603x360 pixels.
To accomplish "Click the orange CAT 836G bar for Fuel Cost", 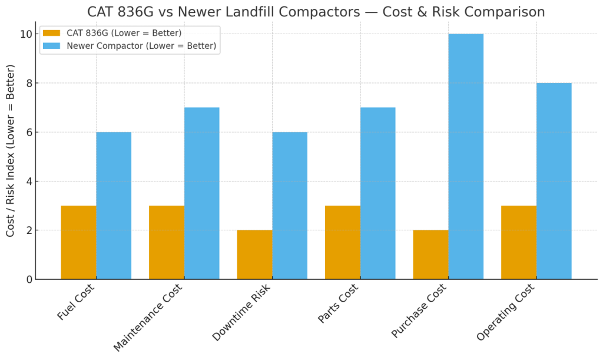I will pyautogui.click(x=78, y=242).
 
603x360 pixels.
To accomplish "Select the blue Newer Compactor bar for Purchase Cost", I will pyautogui.click(x=466, y=156).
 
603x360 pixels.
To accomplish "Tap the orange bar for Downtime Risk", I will pyautogui.click(x=254, y=255).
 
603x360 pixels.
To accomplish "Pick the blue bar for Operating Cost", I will pyautogui.click(x=554, y=181).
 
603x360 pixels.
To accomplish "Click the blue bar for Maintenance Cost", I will pyautogui.click(x=201, y=193).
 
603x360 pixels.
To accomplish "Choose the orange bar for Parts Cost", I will pyautogui.click(x=343, y=242).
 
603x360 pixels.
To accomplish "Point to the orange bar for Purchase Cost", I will pyautogui.click(x=430, y=255).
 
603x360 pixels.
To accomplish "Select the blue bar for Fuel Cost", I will pyautogui.click(x=114, y=206).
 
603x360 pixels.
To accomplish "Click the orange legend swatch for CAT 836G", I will pyautogui.click(x=51, y=33).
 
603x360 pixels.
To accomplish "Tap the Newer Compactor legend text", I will pyautogui.click(x=141, y=45).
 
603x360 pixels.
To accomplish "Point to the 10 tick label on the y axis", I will pyautogui.click(x=24, y=34).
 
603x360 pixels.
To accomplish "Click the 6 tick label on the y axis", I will pyautogui.click(x=27, y=133).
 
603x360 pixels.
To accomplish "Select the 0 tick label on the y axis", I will pyautogui.click(x=27, y=279).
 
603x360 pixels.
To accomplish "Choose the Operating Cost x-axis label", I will pyautogui.click(x=506, y=312).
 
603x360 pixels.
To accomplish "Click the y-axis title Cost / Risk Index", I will pyautogui.click(x=11, y=151).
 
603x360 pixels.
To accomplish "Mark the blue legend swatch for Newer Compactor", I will pyautogui.click(x=51, y=45).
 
